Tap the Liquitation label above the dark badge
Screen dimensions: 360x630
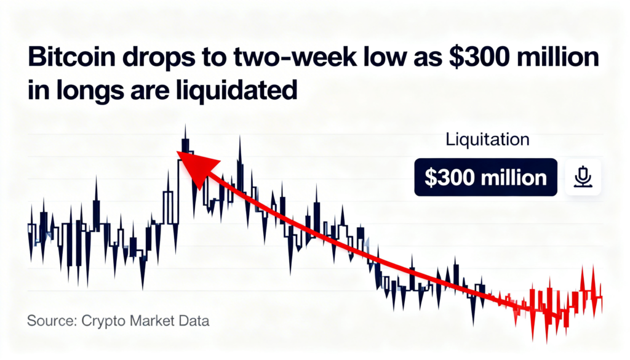pos(487,139)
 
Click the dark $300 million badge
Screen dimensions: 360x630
pos(485,178)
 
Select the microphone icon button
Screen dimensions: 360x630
pos(582,177)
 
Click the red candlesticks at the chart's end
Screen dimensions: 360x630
pos(557,302)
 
